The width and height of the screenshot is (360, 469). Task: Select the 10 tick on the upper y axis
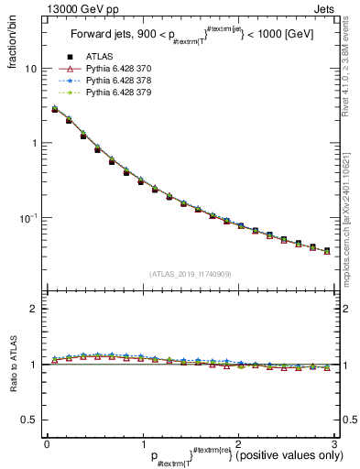(30, 69)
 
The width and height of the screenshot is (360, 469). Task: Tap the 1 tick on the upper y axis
(33, 143)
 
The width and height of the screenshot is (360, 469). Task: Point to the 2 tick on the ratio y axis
(33, 309)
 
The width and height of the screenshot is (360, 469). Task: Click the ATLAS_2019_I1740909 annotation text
(190, 274)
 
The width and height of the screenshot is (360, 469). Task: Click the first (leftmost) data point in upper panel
(54, 109)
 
